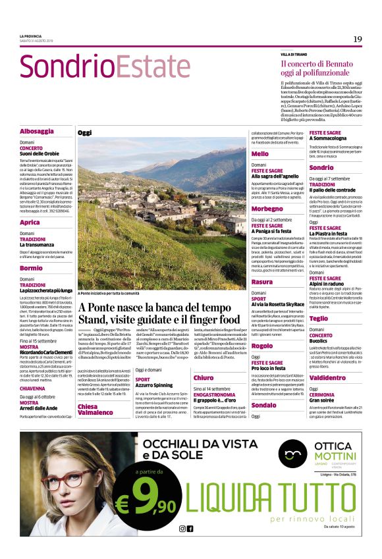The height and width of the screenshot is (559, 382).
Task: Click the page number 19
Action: click(357, 40)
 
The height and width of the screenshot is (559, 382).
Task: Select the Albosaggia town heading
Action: click(37, 131)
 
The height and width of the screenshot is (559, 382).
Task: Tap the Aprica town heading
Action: click(30, 223)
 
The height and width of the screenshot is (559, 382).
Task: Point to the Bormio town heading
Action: click(31, 268)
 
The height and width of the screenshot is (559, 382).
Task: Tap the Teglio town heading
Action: click(319, 318)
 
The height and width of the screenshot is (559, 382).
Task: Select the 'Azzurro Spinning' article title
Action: click(154, 386)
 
